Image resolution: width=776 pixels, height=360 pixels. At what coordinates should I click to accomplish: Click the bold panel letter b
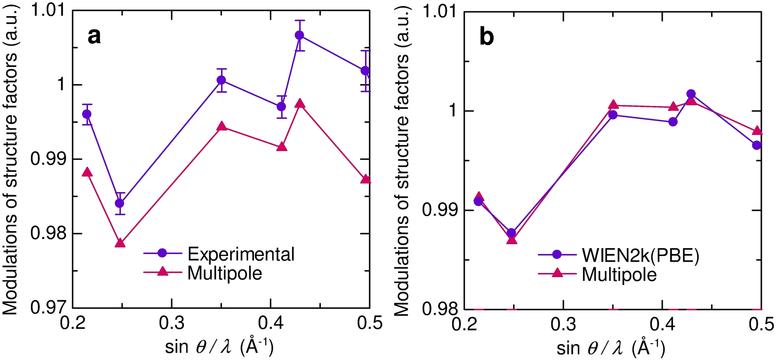coord(486,36)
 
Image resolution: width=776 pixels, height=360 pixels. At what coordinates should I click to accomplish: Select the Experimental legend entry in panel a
coord(240,254)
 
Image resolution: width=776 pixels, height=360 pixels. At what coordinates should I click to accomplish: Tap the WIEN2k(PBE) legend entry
coord(641,255)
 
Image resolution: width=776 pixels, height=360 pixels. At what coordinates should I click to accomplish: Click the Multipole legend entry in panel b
coord(619,274)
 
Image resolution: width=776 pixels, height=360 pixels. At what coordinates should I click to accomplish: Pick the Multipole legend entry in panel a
coord(224,273)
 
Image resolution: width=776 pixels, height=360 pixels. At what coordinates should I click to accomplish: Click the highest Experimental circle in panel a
coord(300,35)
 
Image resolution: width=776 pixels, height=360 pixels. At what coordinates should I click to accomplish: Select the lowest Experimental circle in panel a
coord(120,203)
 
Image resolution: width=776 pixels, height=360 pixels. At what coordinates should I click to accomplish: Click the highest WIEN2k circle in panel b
coord(691,94)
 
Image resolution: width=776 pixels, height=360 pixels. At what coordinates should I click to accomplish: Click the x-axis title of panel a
coord(219,347)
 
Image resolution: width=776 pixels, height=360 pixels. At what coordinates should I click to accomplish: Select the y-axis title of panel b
coord(401,160)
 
